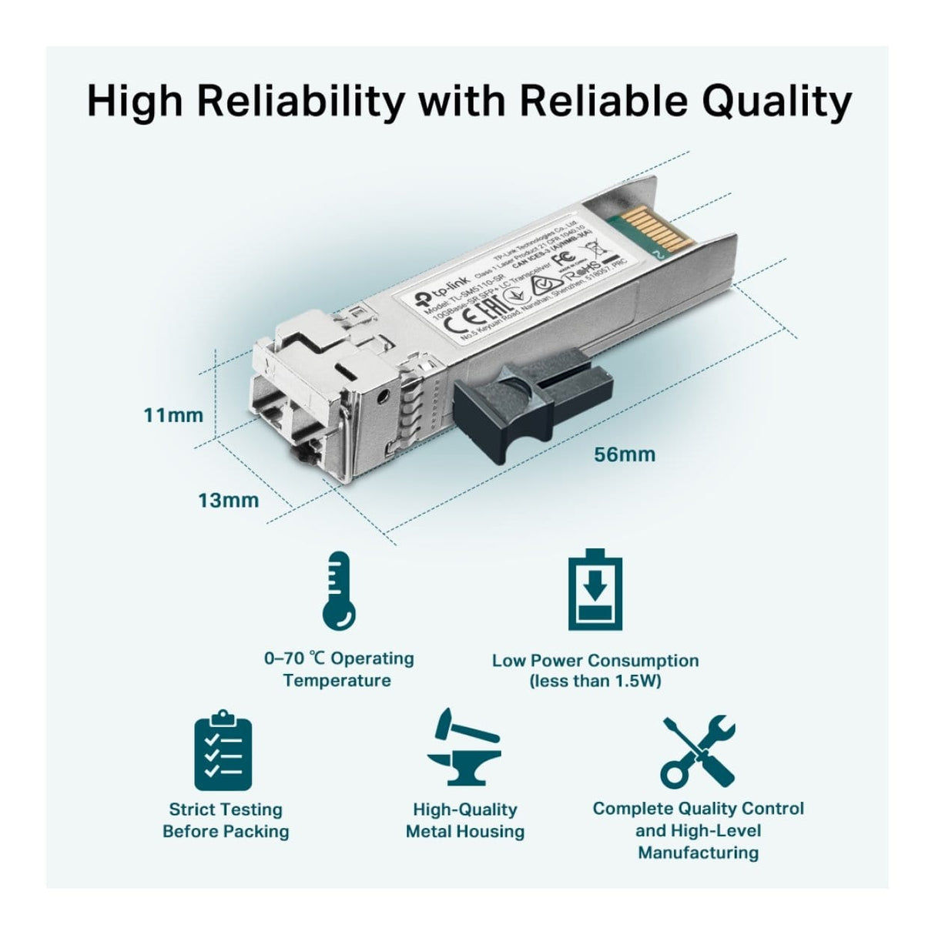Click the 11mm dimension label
[x=173, y=416]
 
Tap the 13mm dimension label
[x=228, y=501]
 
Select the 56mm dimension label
[x=624, y=454]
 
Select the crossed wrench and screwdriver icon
[x=698, y=751]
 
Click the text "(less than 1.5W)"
[x=595, y=682]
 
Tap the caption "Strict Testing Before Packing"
[x=226, y=820]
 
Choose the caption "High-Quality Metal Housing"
[x=464, y=820]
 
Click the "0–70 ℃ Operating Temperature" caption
[x=338, y=669]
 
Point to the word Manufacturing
[x=698, y=853]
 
